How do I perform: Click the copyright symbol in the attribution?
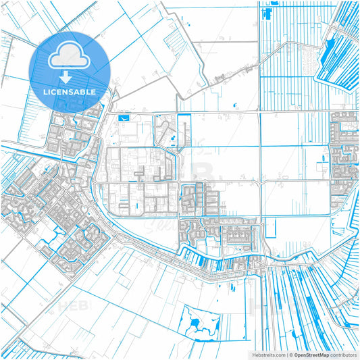(x=290, y=354)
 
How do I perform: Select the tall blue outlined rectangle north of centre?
(x=183, y=131)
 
